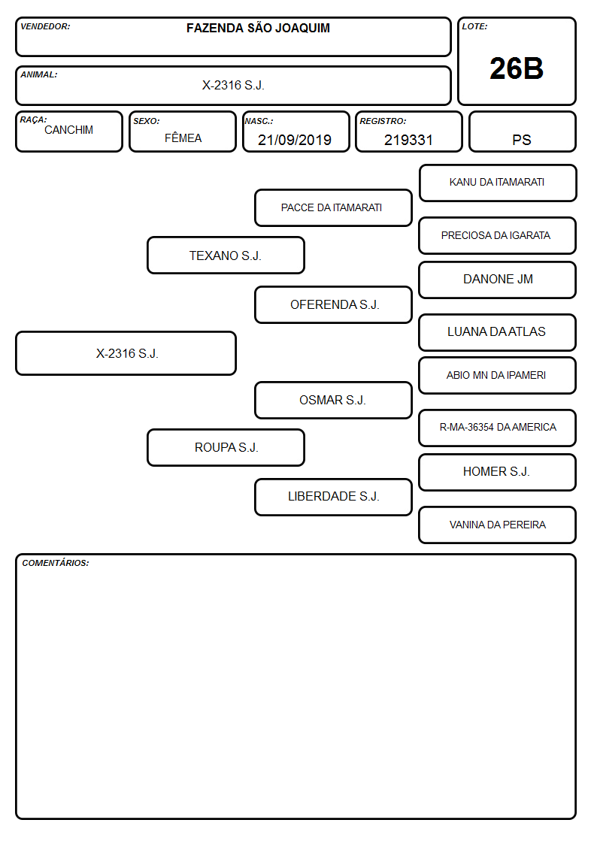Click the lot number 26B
point(517,69)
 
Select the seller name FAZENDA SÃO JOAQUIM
point(258,28)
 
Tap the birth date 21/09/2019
point(295,140)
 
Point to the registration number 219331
point(408,140)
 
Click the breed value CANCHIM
point(68,130)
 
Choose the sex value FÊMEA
point(183,138)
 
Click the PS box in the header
point(522,132)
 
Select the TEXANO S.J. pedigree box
point(226,255)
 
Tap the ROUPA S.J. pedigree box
point(226,447)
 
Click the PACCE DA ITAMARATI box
point(333,207)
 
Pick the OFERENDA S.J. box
point(333,304)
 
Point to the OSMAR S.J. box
point(333,400)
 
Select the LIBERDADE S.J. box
point(333,497)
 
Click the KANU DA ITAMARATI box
point(498,183)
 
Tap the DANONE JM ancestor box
point(498,280)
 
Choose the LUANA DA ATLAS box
point(498,332)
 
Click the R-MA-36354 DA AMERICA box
point(498,428)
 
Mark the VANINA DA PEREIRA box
point(498,525)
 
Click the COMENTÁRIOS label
point(56,563)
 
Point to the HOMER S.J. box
point(498,472)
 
